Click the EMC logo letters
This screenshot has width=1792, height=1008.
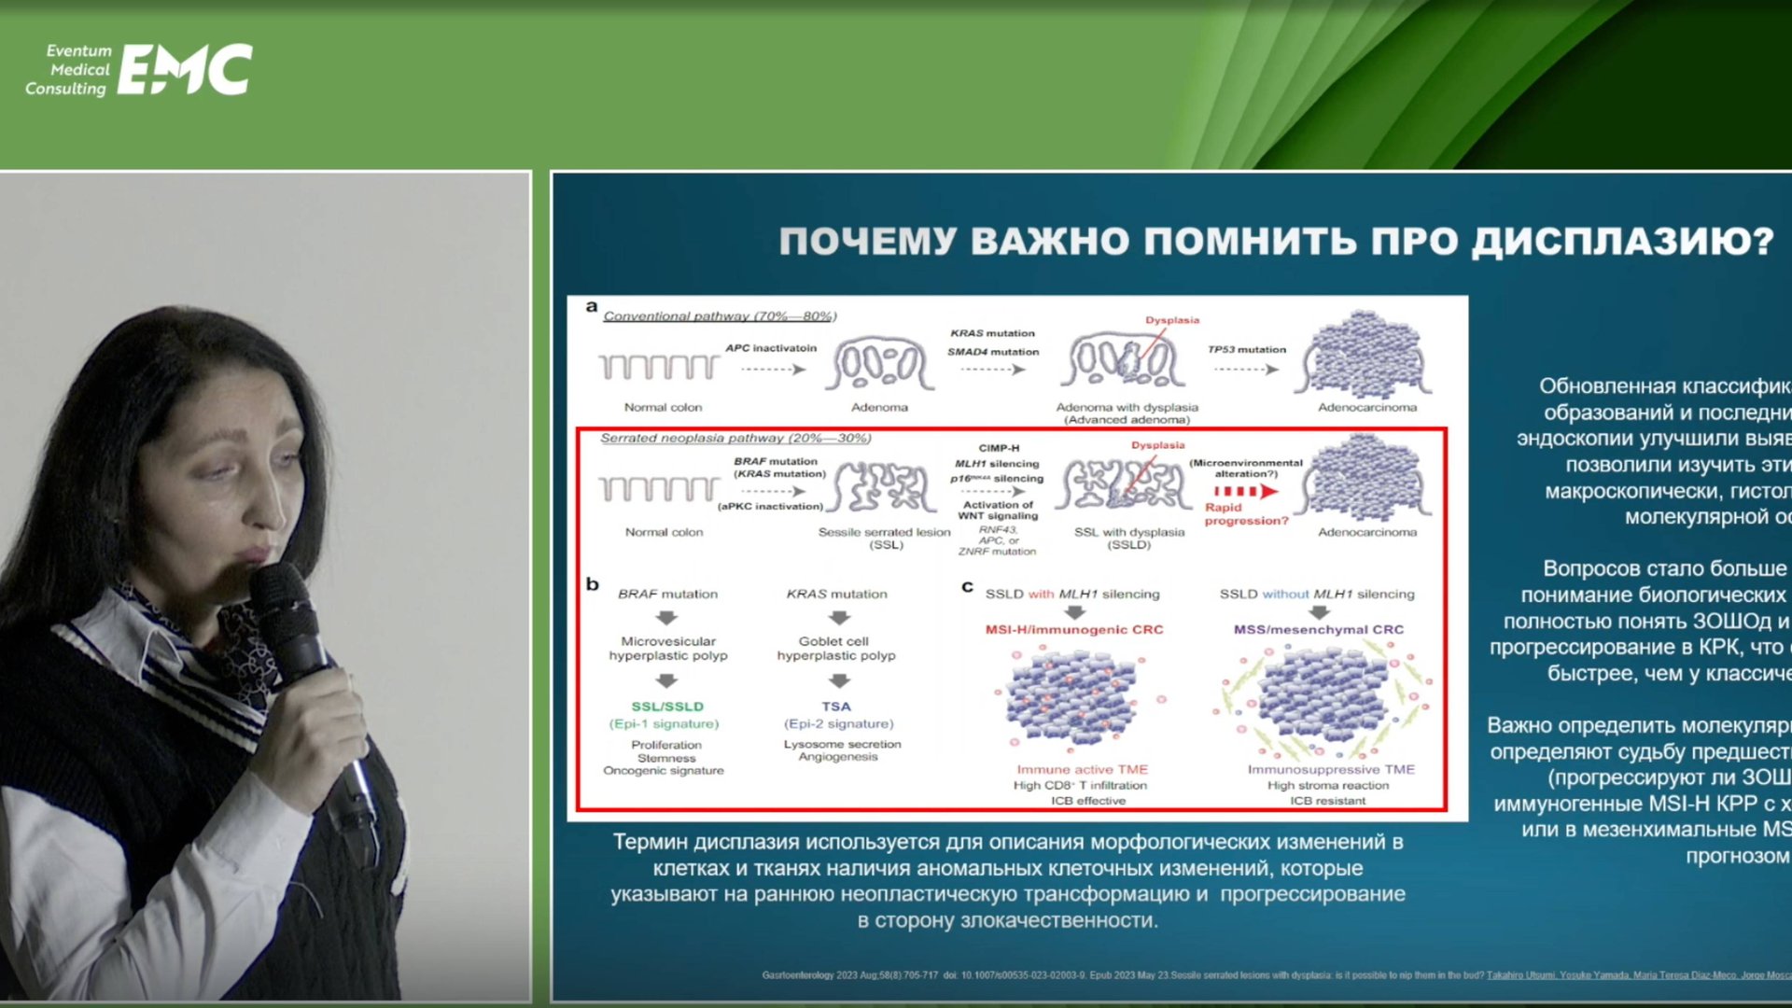pos(186,70)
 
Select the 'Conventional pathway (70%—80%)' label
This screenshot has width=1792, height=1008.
pos(720,316)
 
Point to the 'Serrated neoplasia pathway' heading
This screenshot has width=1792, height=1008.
pos(735,438)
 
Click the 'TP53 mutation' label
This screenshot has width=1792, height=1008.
pos(1246,349)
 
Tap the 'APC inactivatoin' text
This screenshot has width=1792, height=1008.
pos(771,348)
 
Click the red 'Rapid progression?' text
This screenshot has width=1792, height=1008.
pos(1246,514)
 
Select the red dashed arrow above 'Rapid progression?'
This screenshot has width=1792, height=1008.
pos(1245,491)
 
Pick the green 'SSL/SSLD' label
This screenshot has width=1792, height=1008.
pos(667,707)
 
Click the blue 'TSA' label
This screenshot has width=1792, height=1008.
pos(836,707)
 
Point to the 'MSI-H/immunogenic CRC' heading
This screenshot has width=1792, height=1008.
pos(1074,630)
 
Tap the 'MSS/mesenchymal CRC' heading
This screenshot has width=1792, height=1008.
pos(1318,630)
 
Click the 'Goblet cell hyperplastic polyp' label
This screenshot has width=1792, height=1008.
pos(836,649)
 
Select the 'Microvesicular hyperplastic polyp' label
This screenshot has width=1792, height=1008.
pos(668,649)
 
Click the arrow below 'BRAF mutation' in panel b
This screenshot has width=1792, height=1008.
pos(666,618)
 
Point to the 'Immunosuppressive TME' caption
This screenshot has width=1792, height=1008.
pos(1331,770)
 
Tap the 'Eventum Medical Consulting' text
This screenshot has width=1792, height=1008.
pos(68,70)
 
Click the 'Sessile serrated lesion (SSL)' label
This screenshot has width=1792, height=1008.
pos(885,539)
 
